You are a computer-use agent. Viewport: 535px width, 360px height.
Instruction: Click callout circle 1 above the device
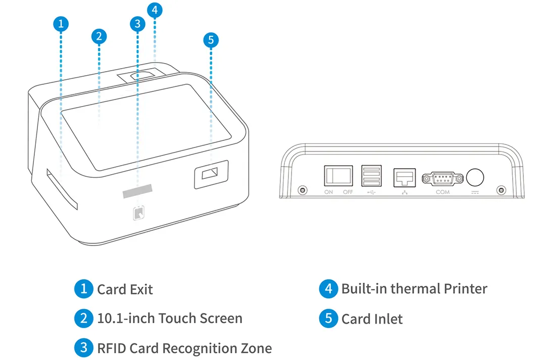[x=61, y=23]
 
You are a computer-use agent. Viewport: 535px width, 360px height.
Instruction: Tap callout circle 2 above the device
[x=99, y=36]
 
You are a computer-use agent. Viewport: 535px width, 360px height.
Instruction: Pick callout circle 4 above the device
[x=155, y=10]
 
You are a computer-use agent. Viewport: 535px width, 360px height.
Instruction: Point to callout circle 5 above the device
[x=211, y=40]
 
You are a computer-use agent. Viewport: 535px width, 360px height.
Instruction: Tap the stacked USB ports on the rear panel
[x=371, y=177]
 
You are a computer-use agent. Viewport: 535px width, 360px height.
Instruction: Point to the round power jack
[x=475, y=177]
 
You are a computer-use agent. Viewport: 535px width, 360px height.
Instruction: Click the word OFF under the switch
[x=348, y=192]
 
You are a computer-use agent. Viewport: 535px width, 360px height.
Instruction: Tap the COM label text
[x=443, y=192]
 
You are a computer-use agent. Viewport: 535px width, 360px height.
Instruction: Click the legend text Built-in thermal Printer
[x=414, y=289]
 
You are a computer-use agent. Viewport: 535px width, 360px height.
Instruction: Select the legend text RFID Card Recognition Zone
[x=184, y=348]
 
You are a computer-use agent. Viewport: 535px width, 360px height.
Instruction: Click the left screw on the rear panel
[x=302, y=190]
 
